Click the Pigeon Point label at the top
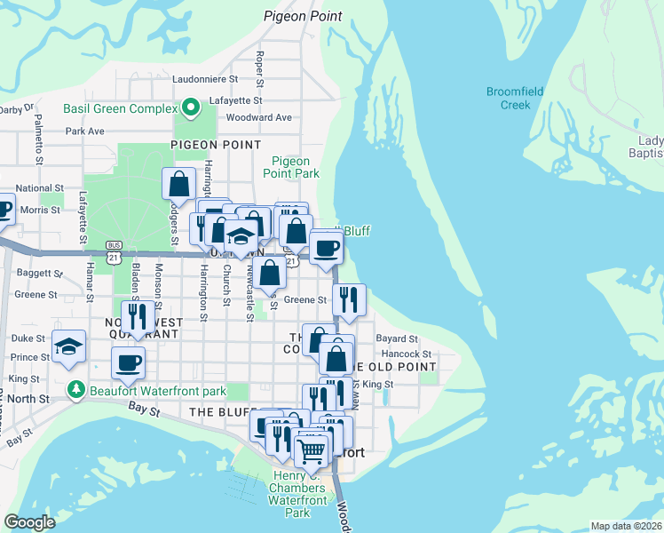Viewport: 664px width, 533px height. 303,16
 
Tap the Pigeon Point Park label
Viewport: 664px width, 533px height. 296,167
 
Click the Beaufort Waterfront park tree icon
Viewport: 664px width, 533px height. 77,389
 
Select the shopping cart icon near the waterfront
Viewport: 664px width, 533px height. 311,450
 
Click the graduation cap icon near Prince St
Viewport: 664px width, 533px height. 67,347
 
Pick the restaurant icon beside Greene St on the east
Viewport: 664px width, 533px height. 349,299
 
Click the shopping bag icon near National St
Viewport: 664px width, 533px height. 178,184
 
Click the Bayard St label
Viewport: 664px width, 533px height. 396,338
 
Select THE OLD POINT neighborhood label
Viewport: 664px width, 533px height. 394,367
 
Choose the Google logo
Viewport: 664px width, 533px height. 30,522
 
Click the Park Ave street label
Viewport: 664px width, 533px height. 85,131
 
